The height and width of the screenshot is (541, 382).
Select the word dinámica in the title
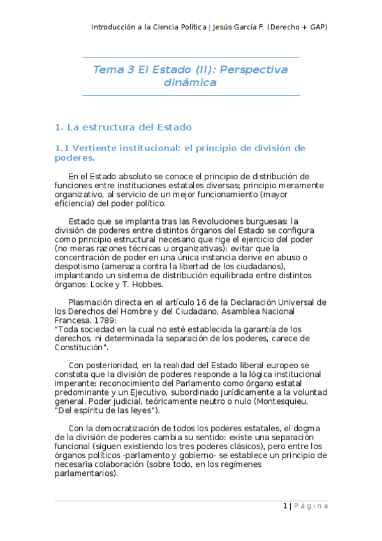pyautogui.click(x=191, y=83)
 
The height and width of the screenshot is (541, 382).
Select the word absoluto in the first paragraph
pyautogui.click(x=129, y=176)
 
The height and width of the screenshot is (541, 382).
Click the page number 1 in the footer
pyautogui.click(x=286, y=506)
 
